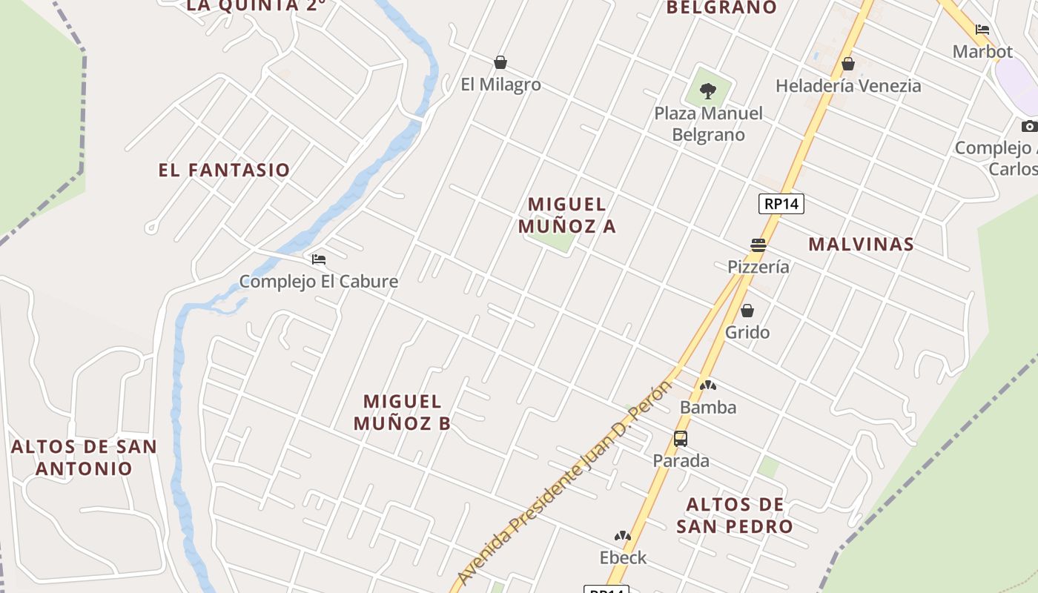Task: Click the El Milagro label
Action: (500, 85)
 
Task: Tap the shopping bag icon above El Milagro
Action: (500, 62)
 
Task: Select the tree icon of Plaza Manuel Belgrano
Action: (708, 91)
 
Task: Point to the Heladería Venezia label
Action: (848, 86)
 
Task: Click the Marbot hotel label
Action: (982, 52)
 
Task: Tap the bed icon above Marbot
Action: (982, 30)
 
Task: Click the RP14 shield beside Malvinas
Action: (781, 204)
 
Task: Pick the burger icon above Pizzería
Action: (758, 245)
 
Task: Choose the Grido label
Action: (747, 332)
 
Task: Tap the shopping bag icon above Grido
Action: (747, 311)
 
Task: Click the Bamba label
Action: (708, 408)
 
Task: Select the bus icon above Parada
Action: (681, 439)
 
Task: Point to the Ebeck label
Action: (623, 557)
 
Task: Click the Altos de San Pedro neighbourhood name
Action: (735, 515)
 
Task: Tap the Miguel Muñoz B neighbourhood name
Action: (403, 412)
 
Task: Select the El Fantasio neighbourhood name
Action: (224, 170)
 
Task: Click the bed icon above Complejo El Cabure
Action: (319, 259)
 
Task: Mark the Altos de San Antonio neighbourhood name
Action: (84, 457)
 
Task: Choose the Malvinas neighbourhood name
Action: (861, 244)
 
